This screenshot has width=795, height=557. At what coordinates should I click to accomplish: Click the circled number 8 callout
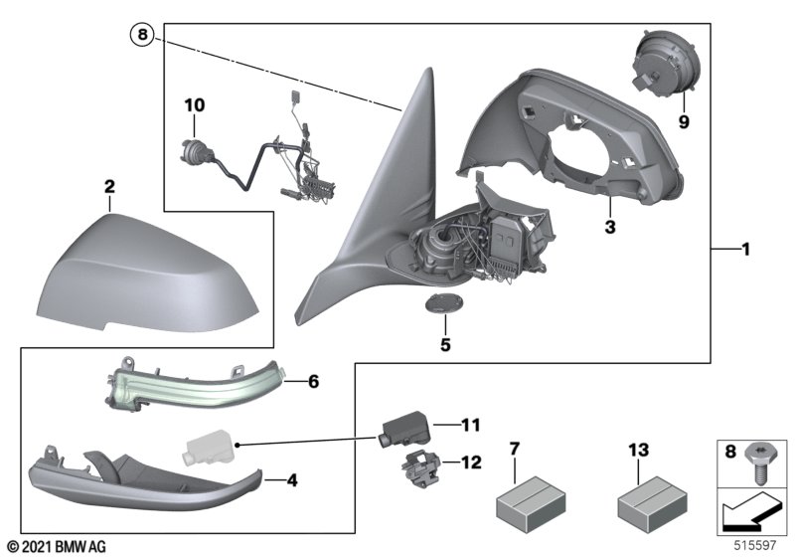142,35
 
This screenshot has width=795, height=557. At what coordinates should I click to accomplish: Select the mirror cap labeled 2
148,274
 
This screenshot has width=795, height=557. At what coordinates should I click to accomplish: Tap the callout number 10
195,105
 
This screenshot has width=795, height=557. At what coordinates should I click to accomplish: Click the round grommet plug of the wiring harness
193,149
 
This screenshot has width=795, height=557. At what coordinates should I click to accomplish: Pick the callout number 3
610,227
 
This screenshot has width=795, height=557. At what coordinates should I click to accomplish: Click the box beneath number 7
531,503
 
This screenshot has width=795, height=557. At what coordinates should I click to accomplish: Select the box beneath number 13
654,503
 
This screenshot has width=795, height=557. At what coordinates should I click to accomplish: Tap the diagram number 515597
755,546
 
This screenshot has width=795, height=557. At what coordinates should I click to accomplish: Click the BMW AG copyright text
58,546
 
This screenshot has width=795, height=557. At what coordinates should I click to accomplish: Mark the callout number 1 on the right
745,250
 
